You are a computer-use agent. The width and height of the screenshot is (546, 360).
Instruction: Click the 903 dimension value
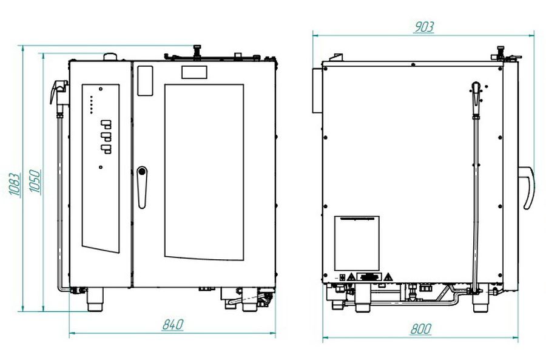point(424,27)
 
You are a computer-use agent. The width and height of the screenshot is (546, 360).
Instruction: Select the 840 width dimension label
point(172,324)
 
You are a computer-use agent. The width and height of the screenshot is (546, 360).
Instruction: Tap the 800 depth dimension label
point(420,328)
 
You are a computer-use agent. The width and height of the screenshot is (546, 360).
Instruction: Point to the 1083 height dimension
point(15,184)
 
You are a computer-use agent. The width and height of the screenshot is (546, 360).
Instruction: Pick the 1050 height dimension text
point(35,181)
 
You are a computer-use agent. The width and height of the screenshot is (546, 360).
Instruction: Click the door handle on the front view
point(142,187)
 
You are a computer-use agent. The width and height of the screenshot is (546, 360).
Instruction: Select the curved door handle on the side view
point(527,188)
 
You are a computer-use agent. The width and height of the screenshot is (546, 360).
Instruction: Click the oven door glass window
point(204,172)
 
